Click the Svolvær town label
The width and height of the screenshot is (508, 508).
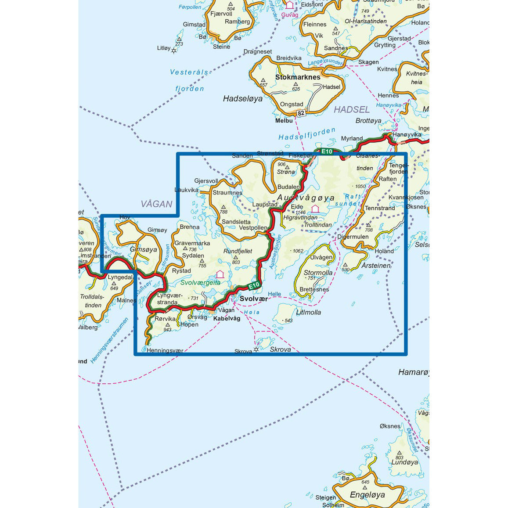tap(254, 299)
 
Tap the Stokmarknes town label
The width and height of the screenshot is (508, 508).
tap(298, 77)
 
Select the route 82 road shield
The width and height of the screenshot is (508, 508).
tap(301, 113)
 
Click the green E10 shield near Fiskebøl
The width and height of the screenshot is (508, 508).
tap(327, 151)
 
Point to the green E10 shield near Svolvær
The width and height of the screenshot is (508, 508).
tap(254, 286)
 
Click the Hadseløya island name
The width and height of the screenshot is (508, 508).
tap(242, 99)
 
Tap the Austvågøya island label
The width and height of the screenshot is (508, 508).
tap(306, 198)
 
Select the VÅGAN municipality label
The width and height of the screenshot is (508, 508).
tap(157, 204)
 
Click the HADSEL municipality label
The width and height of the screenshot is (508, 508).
tap(352, 110)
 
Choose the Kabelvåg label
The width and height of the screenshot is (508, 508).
tap(227, 318)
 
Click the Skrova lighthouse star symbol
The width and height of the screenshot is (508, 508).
tap(256, 350)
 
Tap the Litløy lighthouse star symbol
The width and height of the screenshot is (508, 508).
tap(174, 51)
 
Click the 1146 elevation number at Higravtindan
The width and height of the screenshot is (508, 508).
tap(300, 213)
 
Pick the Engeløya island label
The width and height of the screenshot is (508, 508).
tap(367, 495)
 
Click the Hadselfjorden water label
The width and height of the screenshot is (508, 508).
tap(307, 134)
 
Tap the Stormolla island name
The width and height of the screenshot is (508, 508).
tap(318, 273)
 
